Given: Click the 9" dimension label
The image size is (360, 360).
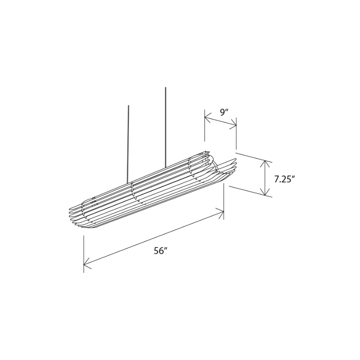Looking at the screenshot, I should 224,112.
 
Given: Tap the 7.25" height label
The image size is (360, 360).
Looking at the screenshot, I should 284,179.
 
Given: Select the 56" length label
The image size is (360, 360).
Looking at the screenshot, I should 160,251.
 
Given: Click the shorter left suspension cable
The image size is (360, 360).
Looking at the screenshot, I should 128,144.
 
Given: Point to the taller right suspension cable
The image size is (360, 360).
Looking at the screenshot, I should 166,126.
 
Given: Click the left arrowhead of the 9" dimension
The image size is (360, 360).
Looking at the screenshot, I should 207,118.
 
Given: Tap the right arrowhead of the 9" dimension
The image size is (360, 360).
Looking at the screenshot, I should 234,126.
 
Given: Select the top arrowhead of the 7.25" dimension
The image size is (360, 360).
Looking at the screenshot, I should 266,163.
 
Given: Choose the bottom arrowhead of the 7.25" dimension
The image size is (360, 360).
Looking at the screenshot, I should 266,193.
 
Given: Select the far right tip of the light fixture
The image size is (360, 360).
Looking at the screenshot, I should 236,159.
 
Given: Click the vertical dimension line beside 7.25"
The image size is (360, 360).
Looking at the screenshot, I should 266,178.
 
